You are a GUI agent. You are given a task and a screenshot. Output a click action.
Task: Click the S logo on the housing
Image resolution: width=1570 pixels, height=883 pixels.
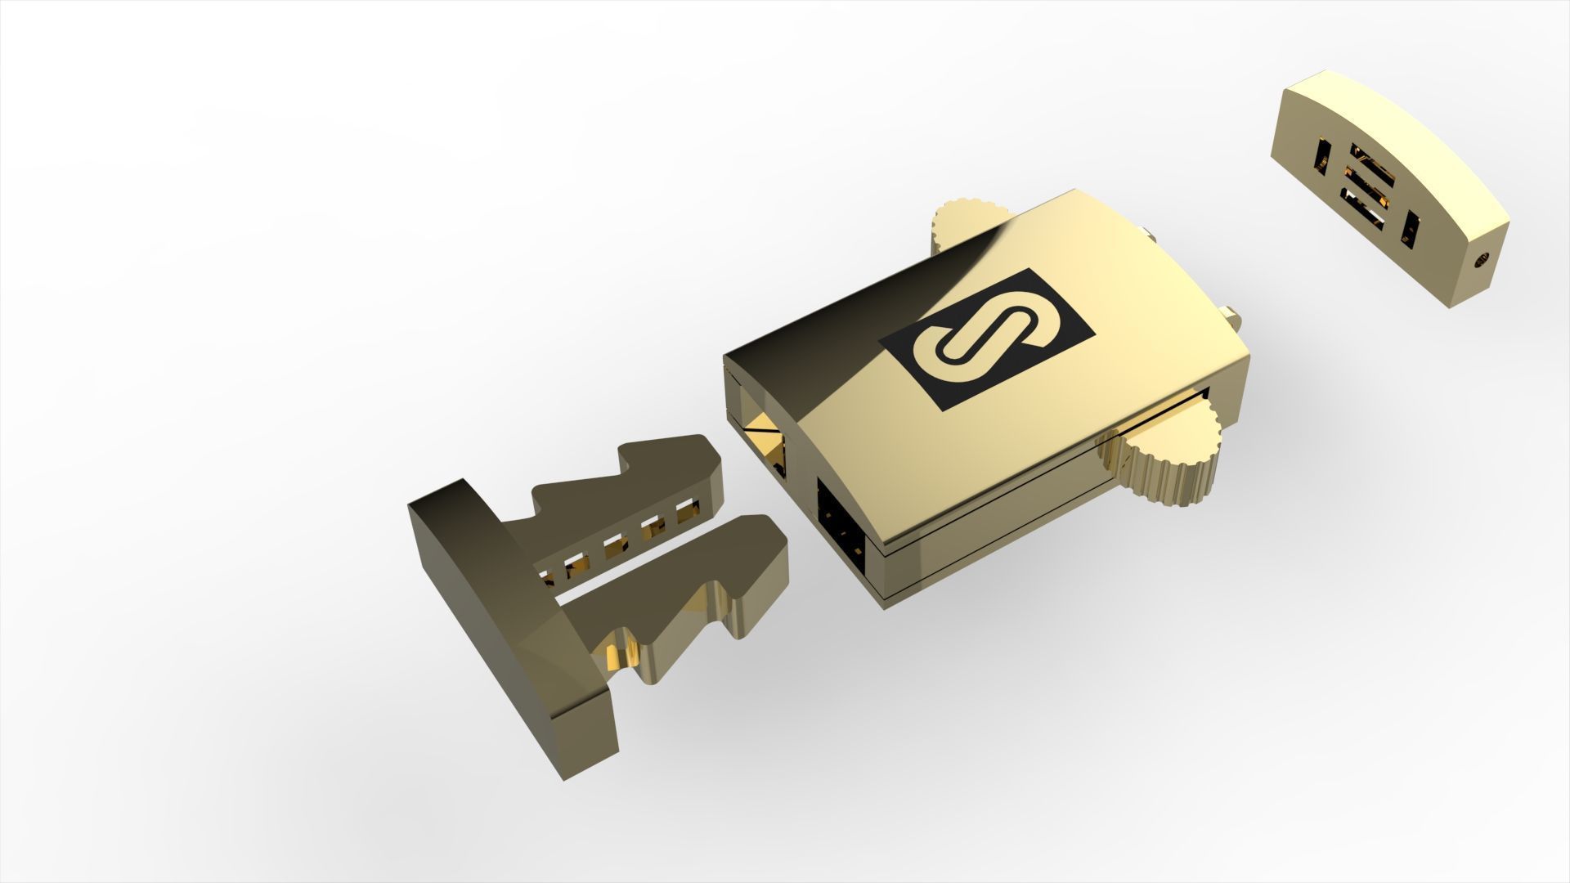coord(985,338)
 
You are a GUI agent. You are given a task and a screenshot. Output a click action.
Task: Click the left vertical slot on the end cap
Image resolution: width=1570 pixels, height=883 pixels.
coord(1321,158)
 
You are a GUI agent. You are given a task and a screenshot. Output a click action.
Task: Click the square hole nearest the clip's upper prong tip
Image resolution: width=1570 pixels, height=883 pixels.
coord(689,515)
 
